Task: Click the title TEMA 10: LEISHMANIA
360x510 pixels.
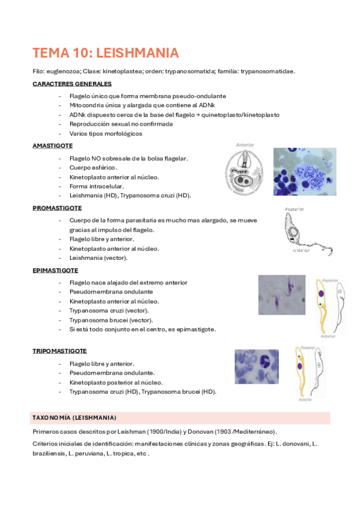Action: [x=105, y=53]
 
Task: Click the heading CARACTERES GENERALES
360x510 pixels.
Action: [x=72, y=84]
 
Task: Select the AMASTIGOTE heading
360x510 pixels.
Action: [x=52, y=146]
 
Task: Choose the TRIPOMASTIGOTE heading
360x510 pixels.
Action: [x=59, y=351]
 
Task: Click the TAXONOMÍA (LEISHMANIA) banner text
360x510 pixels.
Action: [x=74, y=417]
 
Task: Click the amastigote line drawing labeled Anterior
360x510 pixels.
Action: [x=246, y=171]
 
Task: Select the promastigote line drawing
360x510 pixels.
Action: [x=299, y=232]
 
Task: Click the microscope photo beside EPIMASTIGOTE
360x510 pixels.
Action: [x=281, y=295]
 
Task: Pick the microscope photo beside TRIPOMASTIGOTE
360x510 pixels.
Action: [x=257, y=367]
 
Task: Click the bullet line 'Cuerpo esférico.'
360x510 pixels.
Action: [x=93, y=167]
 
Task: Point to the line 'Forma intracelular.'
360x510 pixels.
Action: [x=96, y=186]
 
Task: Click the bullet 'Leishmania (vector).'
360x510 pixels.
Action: [x=98, y=258]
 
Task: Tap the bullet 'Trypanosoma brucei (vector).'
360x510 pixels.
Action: [x=111, y=320]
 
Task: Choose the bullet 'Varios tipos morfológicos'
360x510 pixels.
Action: [x=106, y=134]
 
